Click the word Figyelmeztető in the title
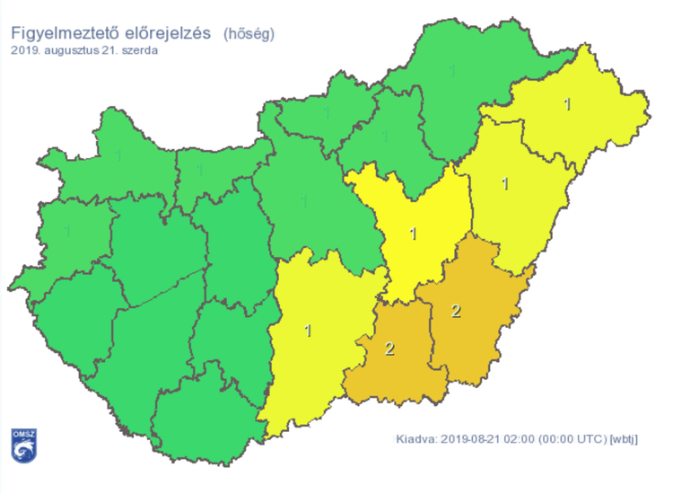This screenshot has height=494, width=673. click(66, 34)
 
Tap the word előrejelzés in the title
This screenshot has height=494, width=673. click(171, 34)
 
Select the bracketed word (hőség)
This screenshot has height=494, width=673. click(249, 34)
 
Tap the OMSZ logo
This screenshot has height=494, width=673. click(23, 445)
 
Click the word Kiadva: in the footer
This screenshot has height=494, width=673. click(418, 439)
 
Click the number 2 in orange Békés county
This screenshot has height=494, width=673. click(456, 311)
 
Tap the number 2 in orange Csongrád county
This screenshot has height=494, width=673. click(389, 348)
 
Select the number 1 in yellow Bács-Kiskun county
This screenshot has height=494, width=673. click(309, 331)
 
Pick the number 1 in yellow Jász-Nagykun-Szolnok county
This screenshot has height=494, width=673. click(413, 234)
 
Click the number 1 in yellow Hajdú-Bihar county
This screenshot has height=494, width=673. click(505, 184)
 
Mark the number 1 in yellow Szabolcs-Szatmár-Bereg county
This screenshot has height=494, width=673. click(566, 104)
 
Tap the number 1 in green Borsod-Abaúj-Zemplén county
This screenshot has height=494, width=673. click(451, 70)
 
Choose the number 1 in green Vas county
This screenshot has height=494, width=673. click(68, 231)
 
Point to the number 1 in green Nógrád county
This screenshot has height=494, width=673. click(326, 113)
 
